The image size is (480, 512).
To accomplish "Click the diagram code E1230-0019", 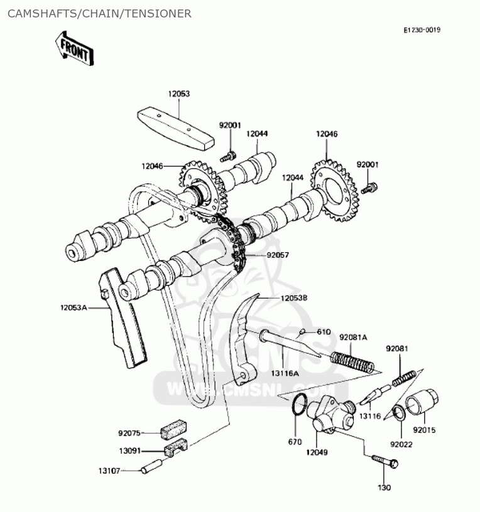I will tap(422, 29).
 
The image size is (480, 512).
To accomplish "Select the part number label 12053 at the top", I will tap(178, 93).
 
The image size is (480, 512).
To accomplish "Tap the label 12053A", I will tap(74, 307).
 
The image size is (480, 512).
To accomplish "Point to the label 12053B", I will tap(294, 298).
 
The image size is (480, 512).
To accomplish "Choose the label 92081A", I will tap(353, 338).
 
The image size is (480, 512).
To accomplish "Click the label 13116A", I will tap(285, 373).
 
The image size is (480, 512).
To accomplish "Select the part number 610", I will tap(323, 331).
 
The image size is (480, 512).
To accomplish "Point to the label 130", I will tap(384, 488).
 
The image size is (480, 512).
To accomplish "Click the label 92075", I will tap(131, 432).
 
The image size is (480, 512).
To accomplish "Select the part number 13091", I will tap(131, 451).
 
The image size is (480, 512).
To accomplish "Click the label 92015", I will tap(424, 430).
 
